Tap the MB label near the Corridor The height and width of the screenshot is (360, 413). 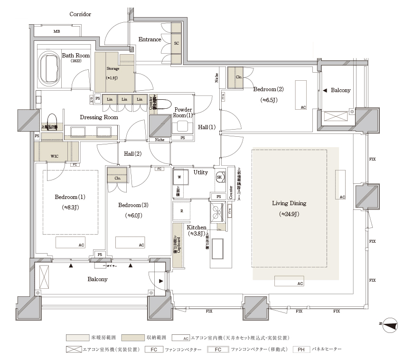56,32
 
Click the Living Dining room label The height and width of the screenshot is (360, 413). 289,203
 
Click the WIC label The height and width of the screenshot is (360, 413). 55,155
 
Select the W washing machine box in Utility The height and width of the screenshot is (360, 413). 179,178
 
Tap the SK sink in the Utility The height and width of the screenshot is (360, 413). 219,177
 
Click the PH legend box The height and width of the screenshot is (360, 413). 301,350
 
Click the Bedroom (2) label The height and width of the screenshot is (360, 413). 268,89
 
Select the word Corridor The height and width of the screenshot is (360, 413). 80,14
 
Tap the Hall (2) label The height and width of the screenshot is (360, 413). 133,153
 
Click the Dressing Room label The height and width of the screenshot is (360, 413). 99,117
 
